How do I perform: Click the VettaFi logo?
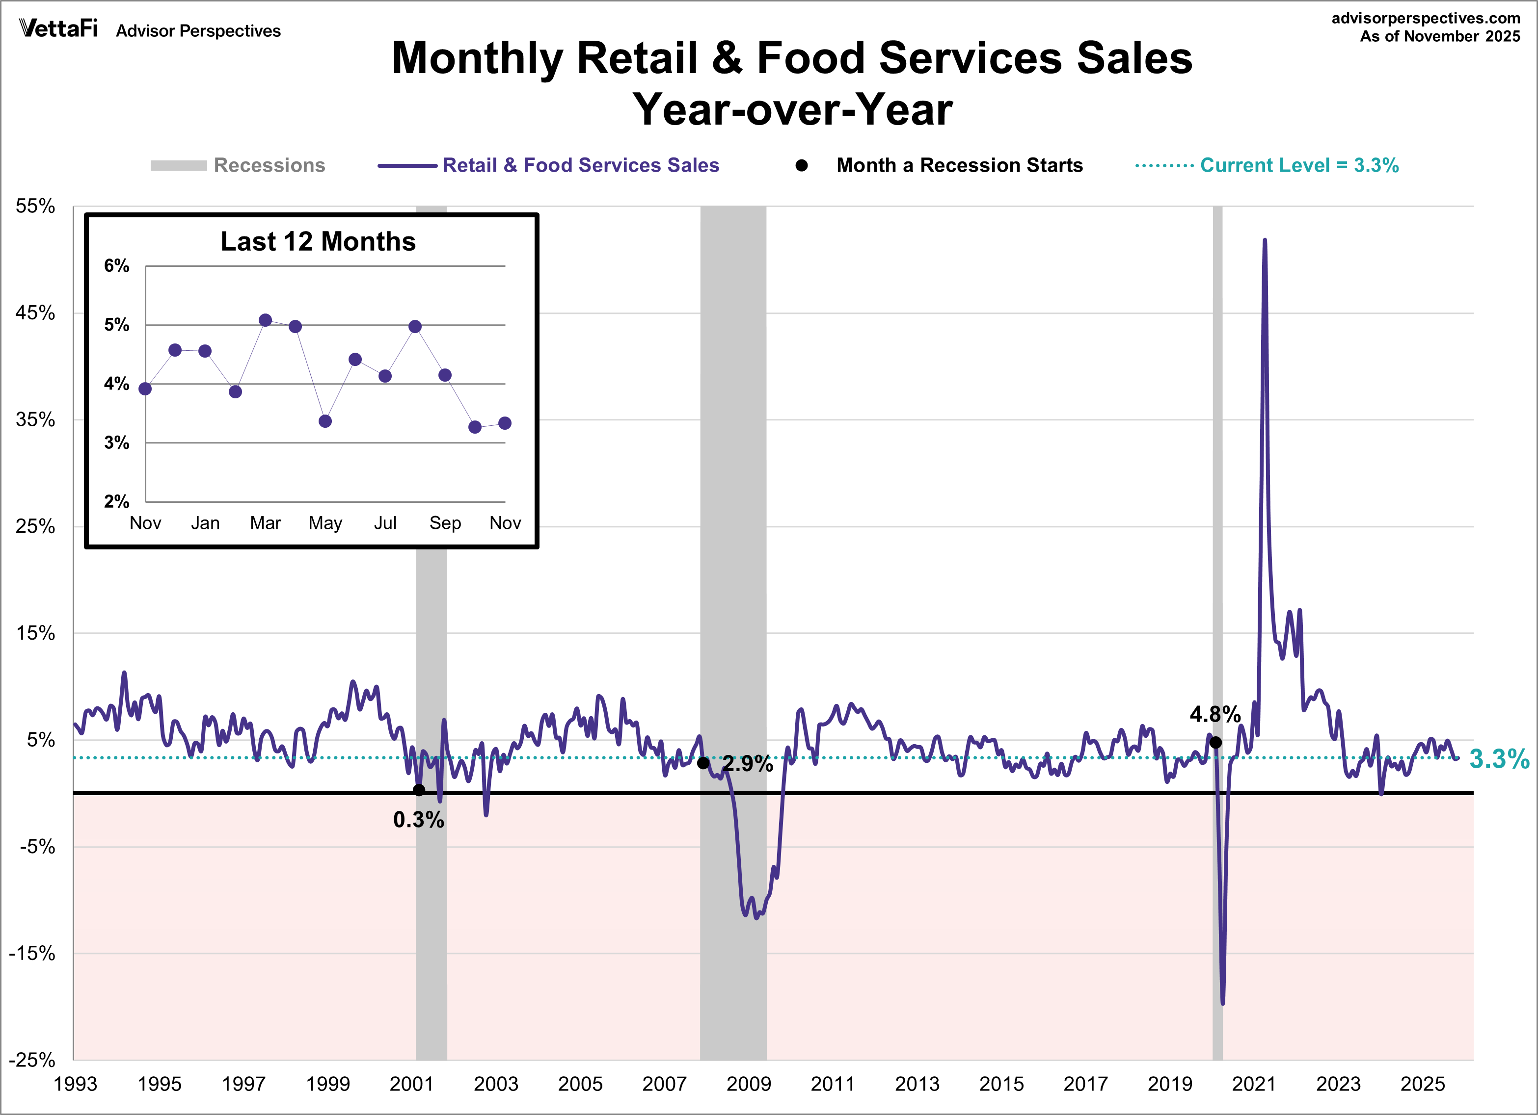click(x=58, y=28)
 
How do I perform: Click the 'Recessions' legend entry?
click(x=269, y=165)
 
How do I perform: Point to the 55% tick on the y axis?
click(x=35, y=206)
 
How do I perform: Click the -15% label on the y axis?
click(x=32, y=954)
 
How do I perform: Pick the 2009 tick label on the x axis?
click(x=748, y=1084)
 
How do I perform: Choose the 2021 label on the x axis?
click(x=1253, y=1084)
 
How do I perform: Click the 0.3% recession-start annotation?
click(x=418, y=820)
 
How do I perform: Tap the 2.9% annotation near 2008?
click(x=747, y=764)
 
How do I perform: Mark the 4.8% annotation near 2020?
click(x=1215, y=714)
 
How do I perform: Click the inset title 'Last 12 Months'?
click(x=318, y=242)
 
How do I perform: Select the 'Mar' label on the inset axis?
click(x=265, y=523)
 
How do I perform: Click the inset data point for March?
click(x=265, y=320)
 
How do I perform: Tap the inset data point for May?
click(x=325, y=421)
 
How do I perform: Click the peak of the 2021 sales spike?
click(x=1265, y=241)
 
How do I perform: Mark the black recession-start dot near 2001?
click(x=419, y=790)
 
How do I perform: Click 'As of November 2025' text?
click(x=1440, y=37)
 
